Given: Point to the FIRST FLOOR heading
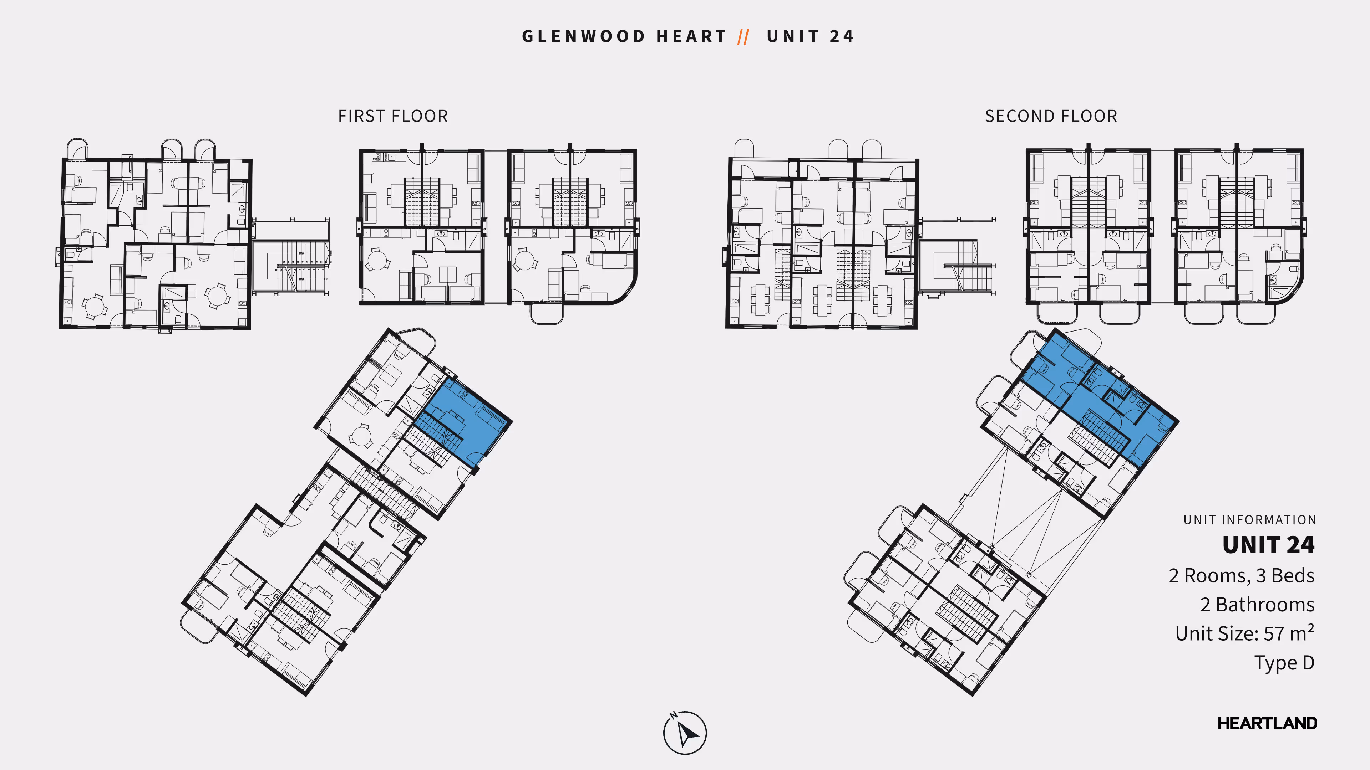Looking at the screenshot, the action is (393, 116).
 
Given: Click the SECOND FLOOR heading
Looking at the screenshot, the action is (1051, 116).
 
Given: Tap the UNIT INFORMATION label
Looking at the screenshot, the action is (1249, 520).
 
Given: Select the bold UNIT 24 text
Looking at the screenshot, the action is (1268, 545).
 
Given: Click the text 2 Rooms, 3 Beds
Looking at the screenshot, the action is (1241, 575).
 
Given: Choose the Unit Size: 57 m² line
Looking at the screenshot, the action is (1244, 633).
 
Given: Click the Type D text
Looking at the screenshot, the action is (1284, 663).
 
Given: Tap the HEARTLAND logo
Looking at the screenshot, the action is (1267, 723).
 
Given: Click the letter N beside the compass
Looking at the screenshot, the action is (673, 715).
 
